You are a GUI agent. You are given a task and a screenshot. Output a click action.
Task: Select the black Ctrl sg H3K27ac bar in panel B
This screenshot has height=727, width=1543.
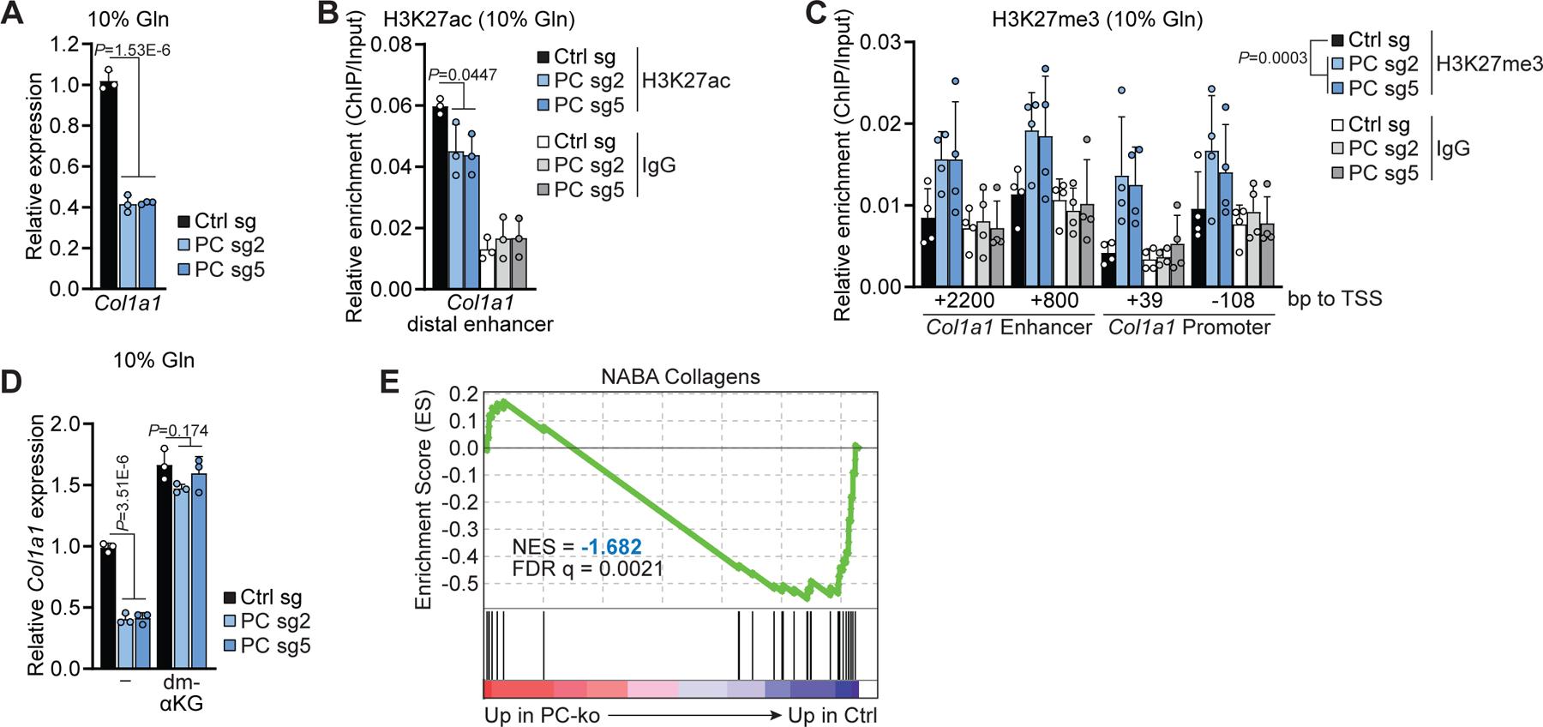[440, 197]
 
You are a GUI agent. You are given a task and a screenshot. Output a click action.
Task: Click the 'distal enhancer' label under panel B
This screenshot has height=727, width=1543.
[480, 324]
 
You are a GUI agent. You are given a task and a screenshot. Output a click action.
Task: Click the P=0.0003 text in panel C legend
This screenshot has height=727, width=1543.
[1272, 58]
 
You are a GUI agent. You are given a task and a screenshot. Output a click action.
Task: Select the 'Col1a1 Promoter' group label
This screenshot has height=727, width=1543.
[1189, 327]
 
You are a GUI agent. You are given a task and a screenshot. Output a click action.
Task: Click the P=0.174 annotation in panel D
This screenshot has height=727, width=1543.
[178, 430]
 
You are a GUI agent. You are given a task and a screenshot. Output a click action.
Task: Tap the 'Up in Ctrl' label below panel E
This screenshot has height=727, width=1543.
[832, 715]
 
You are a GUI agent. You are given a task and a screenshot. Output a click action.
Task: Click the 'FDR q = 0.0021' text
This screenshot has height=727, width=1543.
[587, 568]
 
